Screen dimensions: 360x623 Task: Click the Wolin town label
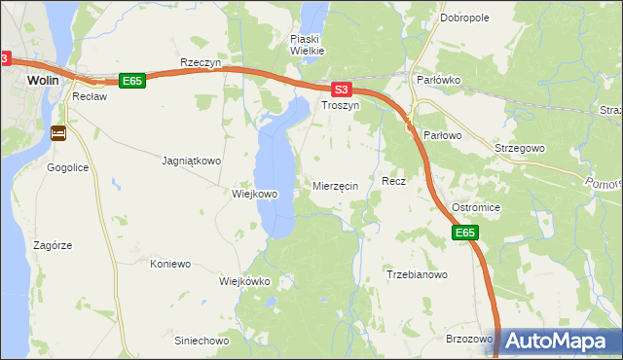[x=45, y=81]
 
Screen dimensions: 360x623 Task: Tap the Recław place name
[x=89, y=98]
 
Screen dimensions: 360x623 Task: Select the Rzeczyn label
[x=202, y=62]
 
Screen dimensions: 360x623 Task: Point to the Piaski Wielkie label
[x=307, y=45]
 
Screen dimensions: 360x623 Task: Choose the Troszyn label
[x=341, y=104]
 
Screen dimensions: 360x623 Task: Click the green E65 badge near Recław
[x=132, y=81]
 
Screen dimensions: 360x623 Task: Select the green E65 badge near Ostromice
[x=465, y=233]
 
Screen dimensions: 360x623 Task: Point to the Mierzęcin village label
[x=337, y=186]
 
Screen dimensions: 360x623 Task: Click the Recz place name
[x=393, y=182]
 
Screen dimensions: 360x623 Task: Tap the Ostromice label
[x=475, y=208]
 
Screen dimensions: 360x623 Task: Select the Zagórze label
[x=54, y=246]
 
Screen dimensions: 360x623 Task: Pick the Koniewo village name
[x=169, y=264]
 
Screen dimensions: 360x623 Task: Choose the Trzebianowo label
[x=417, y=275]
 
